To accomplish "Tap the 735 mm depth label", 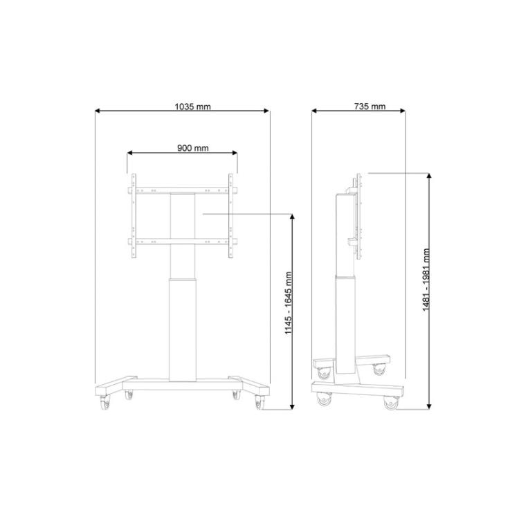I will [x=370, y=107].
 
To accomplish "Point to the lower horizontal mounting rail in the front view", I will [x=182, y=241].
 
